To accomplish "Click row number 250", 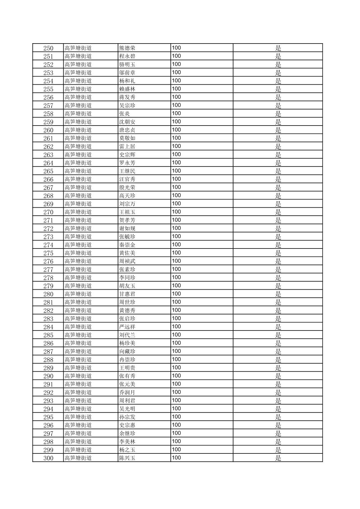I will click(48, 48).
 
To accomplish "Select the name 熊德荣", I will click(127, 48).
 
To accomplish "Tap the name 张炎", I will click(124, 114).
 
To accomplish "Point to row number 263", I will click(48, 155).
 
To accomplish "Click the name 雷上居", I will click(127, 146).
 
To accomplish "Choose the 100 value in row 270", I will click(176, 212).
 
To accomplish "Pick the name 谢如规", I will click(127, 228).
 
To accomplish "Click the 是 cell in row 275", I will click(278, 253).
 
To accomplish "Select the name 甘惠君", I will click(127, 294).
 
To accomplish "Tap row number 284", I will click(48, 327).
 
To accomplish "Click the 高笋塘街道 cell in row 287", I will click(78, 351).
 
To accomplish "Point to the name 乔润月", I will click(127, 392).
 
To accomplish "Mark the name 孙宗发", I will click(127, 417).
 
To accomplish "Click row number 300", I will click(48, 458).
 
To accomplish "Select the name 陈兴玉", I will click(127, 458).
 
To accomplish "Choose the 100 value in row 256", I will click(176, 97).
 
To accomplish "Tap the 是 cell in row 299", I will click(278, 450).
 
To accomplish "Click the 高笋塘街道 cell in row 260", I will click(78, 130).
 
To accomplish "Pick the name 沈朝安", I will click(127, 122).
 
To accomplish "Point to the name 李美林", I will click(127, 442).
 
